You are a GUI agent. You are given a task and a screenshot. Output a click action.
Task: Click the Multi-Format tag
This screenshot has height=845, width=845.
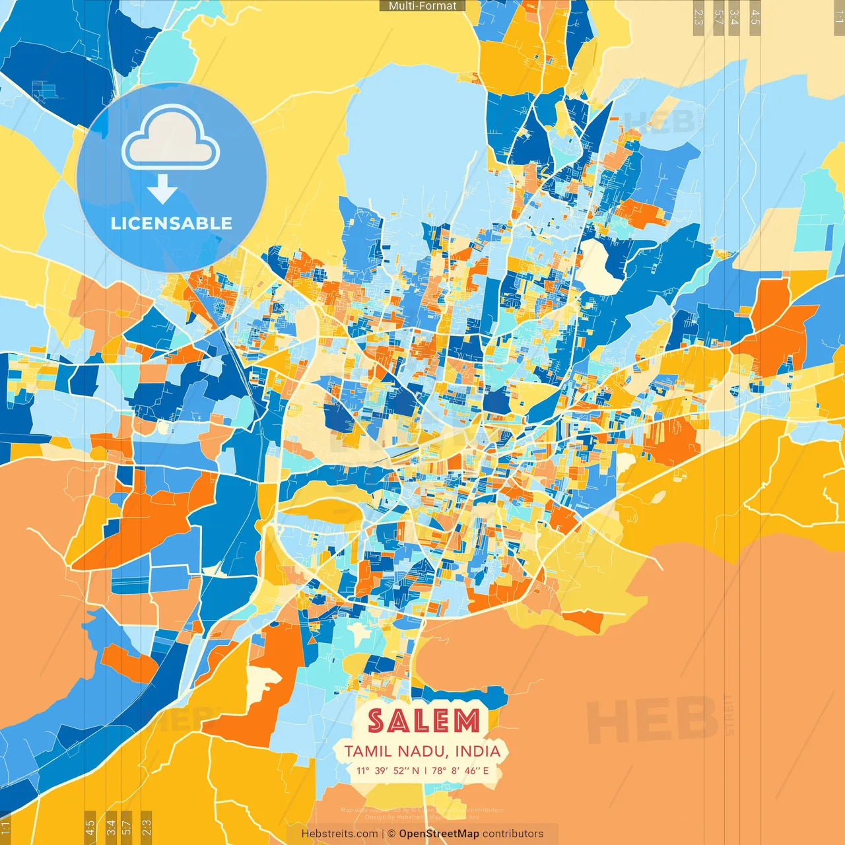coord(422,6)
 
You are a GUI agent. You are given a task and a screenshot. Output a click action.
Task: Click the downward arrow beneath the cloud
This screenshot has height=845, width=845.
coord(162,189)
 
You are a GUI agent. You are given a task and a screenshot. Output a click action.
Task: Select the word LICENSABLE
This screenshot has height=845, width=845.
coord(172,223)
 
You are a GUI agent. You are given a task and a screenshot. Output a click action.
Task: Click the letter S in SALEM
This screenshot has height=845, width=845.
coord(376,721)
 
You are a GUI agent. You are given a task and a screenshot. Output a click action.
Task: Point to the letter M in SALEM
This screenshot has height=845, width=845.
coord(466,721)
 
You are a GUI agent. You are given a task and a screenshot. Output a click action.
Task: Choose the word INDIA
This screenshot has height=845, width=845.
coord(478,751)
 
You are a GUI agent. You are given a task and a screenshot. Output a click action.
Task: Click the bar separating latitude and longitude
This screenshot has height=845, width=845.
coord(426,770)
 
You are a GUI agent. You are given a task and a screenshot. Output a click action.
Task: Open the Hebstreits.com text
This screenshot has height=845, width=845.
coord(339,834)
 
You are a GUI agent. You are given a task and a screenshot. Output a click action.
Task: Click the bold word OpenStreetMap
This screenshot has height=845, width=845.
coord(439,834)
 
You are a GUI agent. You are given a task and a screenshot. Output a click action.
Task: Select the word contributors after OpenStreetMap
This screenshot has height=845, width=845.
coord(513,834)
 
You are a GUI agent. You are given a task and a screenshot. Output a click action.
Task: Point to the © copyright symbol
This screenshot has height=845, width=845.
coord(391,834)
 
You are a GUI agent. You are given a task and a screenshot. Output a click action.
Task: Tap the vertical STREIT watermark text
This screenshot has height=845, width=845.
coord(729,715)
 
